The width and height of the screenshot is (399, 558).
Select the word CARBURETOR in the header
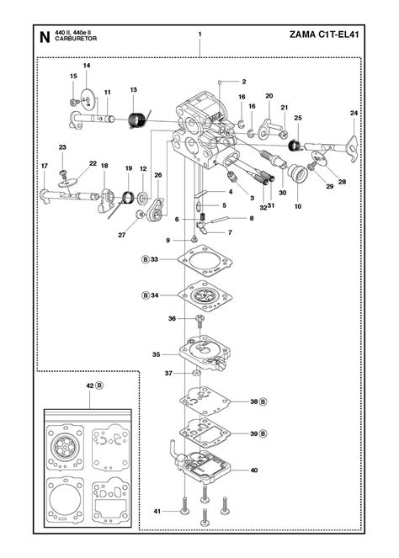73,40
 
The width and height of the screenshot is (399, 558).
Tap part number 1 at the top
199,35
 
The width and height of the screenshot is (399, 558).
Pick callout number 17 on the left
44,166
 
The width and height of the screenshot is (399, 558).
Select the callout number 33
154,260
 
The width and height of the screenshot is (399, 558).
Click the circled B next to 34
145,295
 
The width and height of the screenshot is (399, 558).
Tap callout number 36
172,319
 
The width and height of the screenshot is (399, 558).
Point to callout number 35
156,354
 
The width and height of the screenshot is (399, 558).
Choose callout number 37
168,373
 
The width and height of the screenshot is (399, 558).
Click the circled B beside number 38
264,402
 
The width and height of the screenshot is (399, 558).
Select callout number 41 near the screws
156,511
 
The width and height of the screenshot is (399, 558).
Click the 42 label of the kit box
89,385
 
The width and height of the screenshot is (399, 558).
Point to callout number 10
297,206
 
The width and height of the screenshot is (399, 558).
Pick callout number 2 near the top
243,82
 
